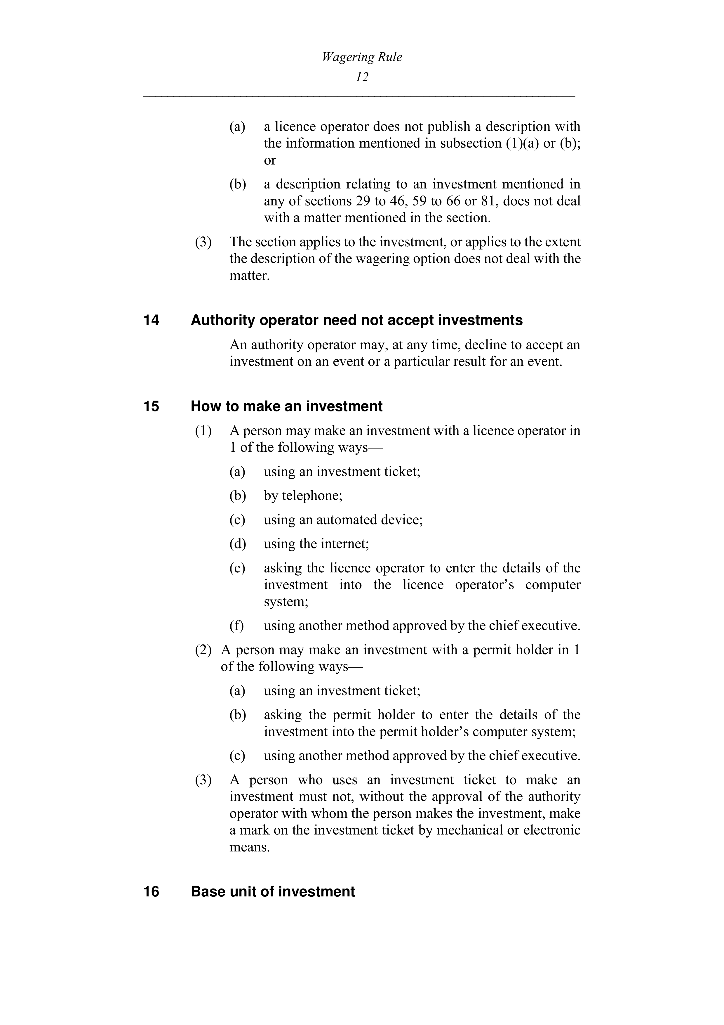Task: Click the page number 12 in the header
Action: tap(362, 77)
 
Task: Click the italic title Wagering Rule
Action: tap(362, 57)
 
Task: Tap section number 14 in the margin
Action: tap(151, 321)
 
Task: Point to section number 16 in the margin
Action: tap(151, 891)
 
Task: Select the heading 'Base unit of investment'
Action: tap(273, 891)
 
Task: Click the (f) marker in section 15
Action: tap(237, 626)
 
